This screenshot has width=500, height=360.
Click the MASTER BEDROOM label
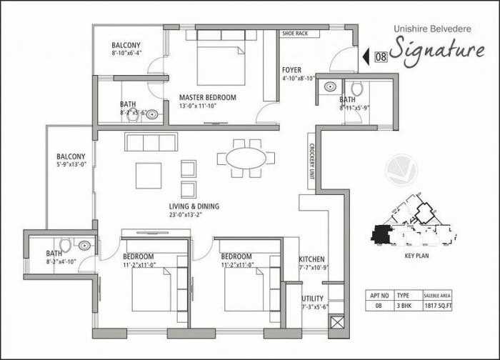coord(208,98)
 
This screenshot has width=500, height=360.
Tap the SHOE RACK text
coord(294,34)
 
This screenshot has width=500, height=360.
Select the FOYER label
coord(291,70)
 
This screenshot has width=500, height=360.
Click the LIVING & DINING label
coord(194,206)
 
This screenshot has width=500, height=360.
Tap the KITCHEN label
coord(312,259)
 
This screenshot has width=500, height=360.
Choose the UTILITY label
coord(313,299)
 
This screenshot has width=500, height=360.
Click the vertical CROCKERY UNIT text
coord(312,162)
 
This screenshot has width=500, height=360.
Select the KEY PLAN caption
coord(416,255)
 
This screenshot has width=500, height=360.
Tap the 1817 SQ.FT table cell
coord(437,305)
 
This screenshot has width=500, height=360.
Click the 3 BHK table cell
coord(403,305)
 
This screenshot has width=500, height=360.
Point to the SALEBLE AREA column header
coord(437,294)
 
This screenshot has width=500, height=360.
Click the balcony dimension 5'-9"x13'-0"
coord(71,164)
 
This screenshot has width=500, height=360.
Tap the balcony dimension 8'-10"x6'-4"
coord(126,53)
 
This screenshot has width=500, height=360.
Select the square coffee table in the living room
coord(149,175)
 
